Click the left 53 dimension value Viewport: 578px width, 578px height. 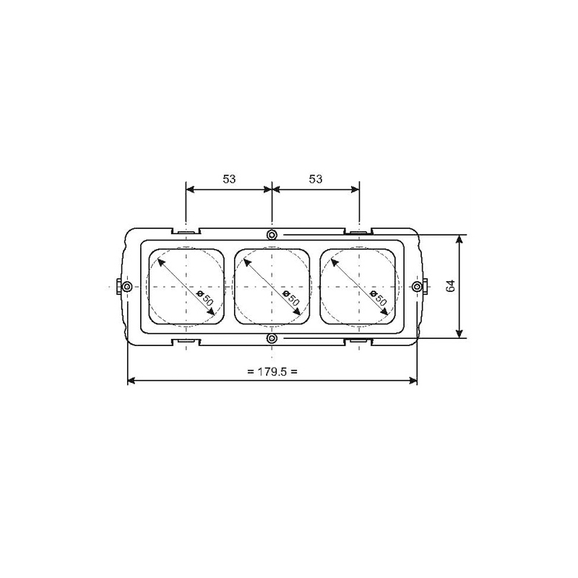coord(229,178)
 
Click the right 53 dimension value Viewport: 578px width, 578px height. coord(316,178)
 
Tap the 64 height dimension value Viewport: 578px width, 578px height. coord(450,286)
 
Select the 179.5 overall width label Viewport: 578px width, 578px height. coord(272,371)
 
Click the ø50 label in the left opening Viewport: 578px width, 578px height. coord(205,298)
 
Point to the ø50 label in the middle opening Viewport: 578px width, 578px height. coord(291,298)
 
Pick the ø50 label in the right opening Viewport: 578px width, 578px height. coord(378,298)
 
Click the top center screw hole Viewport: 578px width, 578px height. coord(272,234)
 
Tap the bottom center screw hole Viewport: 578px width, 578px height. coord(272,338)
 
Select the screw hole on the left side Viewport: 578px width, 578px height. coord(127,286)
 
